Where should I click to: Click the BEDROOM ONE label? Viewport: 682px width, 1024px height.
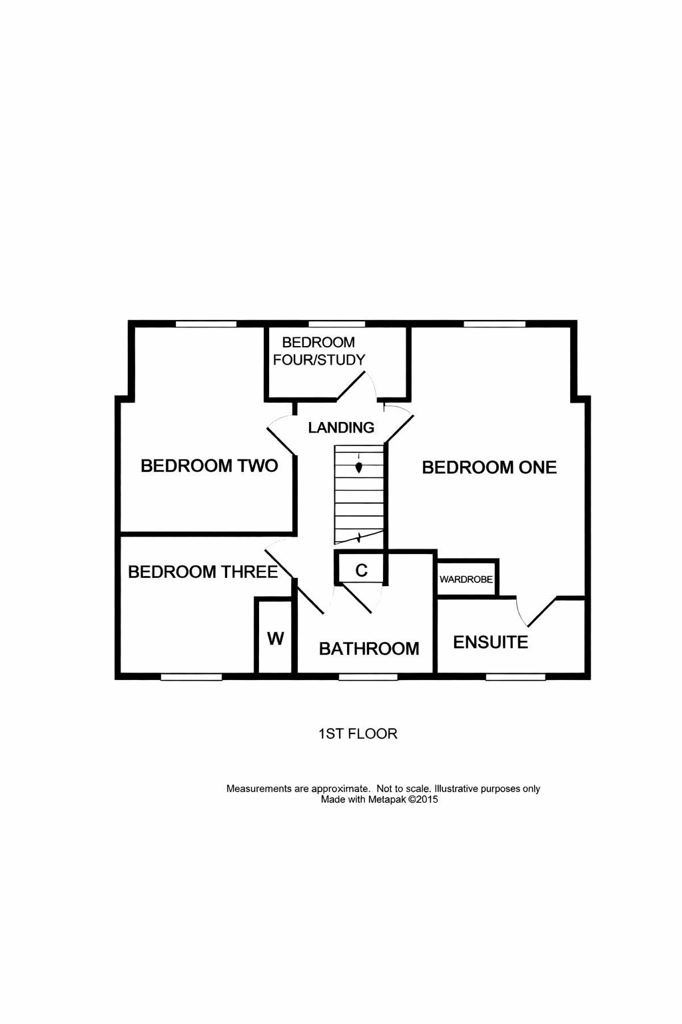point(490,467)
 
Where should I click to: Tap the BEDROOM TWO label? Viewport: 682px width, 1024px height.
point(209,466)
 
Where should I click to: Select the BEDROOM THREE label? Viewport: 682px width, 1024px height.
point(203,572)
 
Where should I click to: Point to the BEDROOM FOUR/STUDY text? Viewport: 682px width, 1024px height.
point(319,351)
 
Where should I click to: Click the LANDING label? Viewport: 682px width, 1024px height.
point(341,427)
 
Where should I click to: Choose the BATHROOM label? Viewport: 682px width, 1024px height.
point(369,649)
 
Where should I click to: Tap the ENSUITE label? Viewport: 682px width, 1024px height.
point(491,642)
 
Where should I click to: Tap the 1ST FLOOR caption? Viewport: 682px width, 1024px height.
point(358,734)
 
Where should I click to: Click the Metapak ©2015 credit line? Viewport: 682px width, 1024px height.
point(379,799)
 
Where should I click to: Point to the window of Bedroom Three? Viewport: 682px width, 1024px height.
point(191,677)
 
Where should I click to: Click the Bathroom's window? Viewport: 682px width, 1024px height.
point(368,677)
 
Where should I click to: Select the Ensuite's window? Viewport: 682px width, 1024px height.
point(515,677)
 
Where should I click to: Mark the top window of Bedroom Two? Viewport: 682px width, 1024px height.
point(206,323)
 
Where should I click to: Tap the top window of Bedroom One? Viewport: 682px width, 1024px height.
point(494,323)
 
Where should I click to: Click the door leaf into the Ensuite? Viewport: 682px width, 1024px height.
point(542,611)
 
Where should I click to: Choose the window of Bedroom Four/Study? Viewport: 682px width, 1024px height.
point(336,323)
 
